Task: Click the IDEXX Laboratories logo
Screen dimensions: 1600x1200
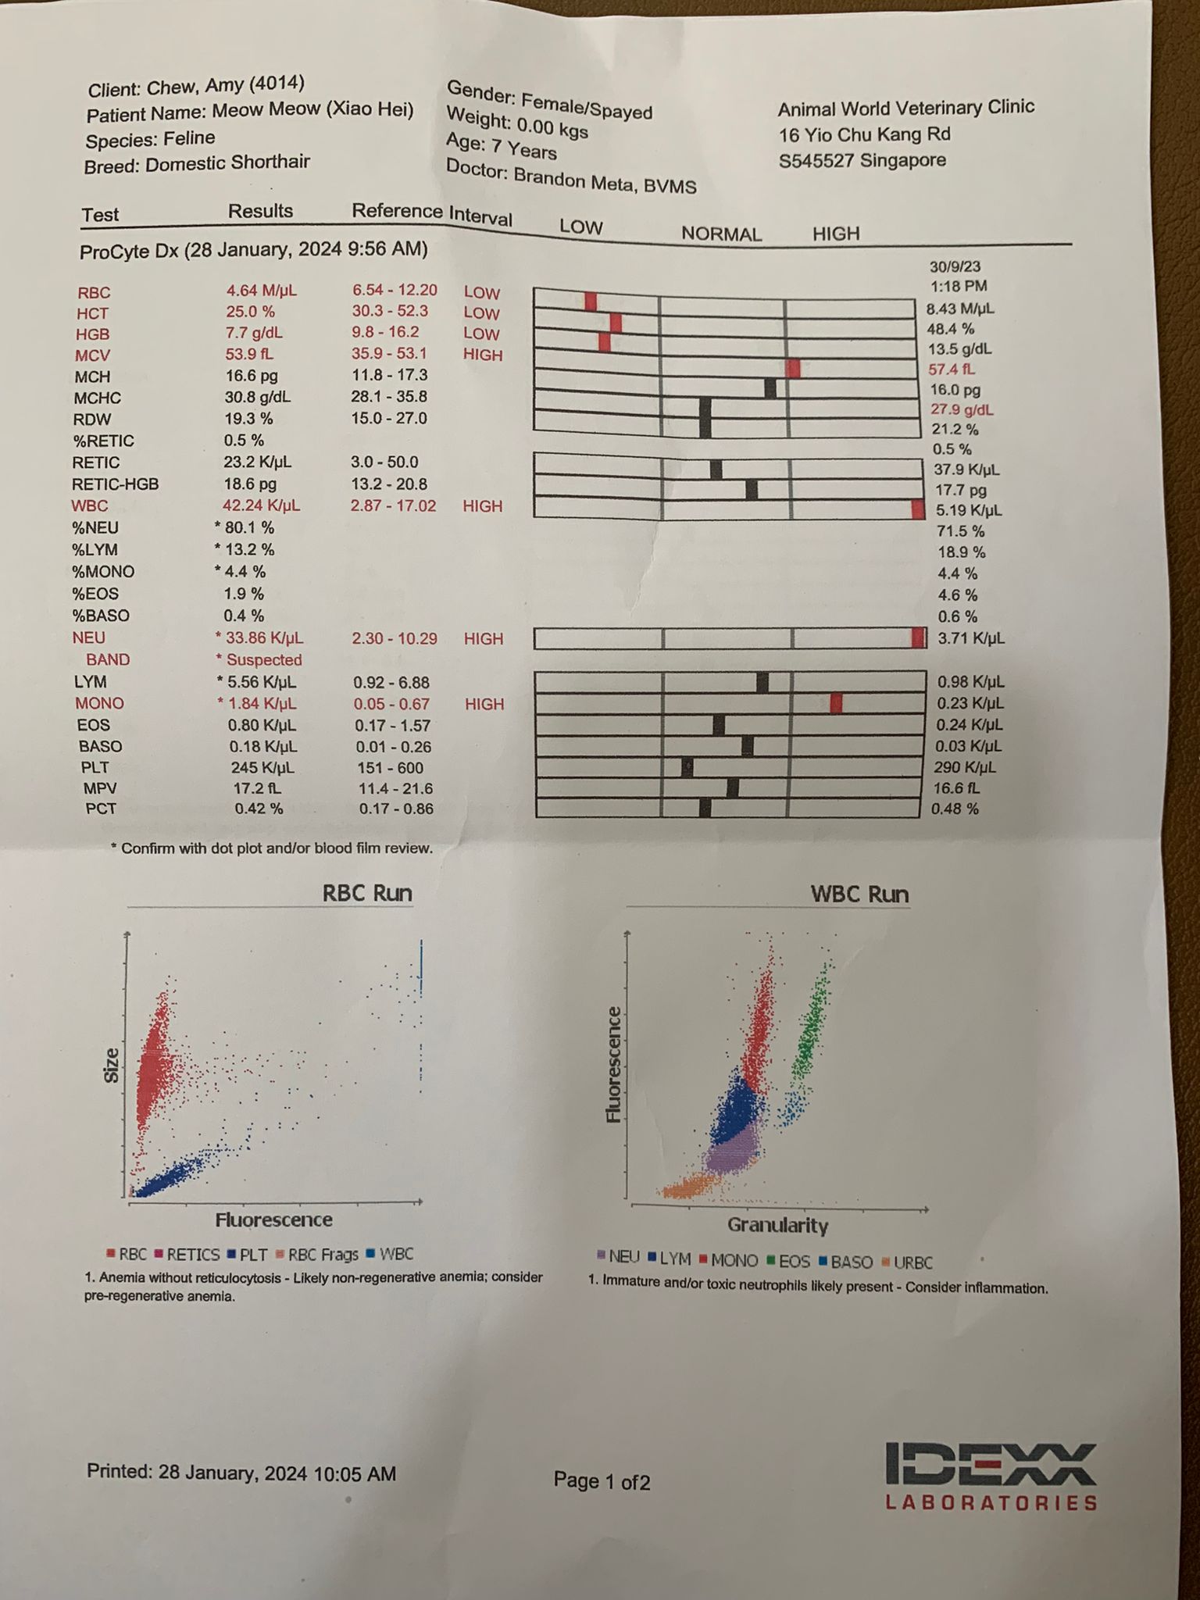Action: (991, 1476)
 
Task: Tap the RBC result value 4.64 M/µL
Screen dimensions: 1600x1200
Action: (261, 291)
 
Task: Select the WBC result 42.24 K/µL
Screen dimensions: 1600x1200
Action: (261, 505)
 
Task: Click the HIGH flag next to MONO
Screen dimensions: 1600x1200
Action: (484, 704)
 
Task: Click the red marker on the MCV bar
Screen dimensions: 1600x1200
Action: (794, 369)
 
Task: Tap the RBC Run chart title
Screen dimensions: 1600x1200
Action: (367, 894)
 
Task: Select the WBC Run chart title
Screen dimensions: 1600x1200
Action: (859, 895)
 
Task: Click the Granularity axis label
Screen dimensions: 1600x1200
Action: (777, 1225)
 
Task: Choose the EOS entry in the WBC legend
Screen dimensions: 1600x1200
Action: (788, 1261)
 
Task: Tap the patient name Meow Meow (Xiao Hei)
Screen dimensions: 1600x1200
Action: (312, 109)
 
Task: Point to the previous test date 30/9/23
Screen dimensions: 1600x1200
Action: (955, 267)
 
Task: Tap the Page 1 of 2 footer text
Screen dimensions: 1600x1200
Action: (602, 1480)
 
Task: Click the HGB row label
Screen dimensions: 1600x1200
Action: (92, 334)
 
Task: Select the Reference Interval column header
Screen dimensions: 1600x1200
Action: (431, 213)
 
